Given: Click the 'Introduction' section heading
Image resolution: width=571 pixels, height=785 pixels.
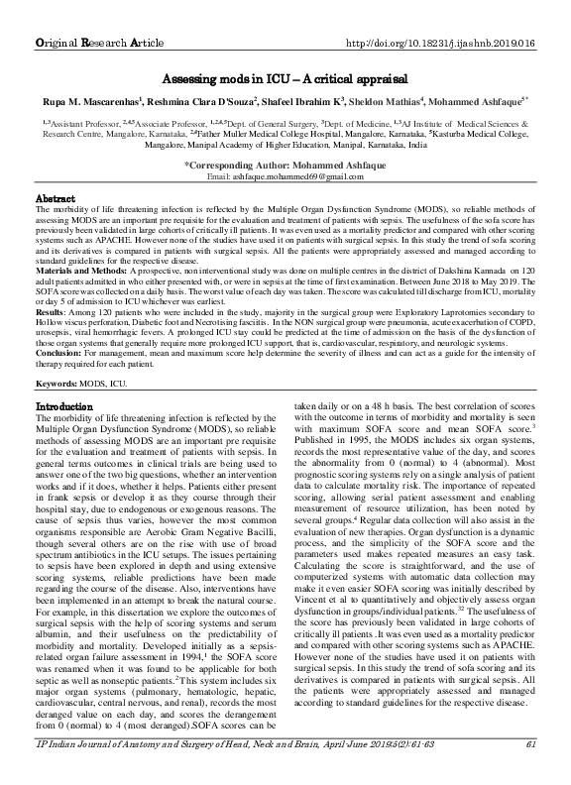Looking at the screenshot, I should coord(65,407).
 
